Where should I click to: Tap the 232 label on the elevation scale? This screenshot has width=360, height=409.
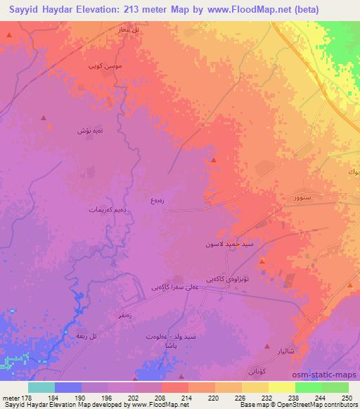268,397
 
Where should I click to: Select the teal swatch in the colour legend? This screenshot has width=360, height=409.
41,387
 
